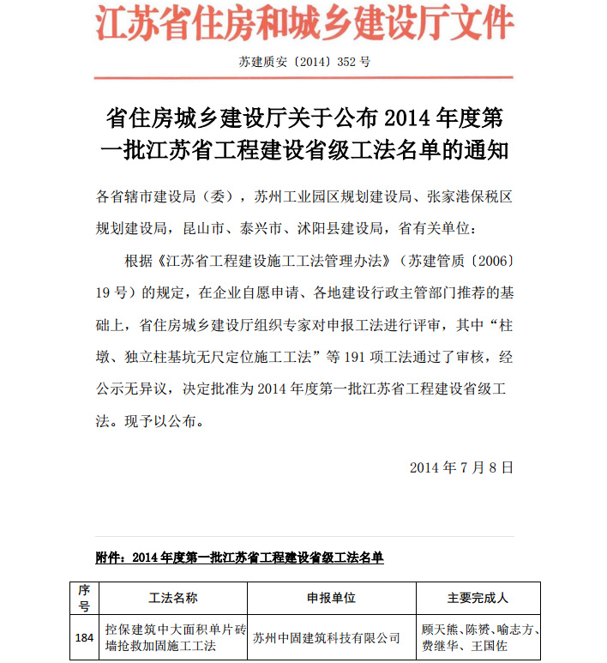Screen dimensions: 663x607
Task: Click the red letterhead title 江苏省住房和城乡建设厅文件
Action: tap(303, 25)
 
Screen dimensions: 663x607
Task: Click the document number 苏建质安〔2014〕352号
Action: tap(304, 62)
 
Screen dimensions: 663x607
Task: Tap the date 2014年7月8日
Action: tap(461, 467)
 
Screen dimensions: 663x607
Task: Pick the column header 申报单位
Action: tap(331, 598)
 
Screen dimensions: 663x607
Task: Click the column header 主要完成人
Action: tap(478, 598)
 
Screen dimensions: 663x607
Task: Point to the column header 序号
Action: tap(84, 598)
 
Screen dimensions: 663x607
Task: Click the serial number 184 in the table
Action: tap(84, 637)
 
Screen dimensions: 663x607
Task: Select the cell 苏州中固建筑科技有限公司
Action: tap(327, 638)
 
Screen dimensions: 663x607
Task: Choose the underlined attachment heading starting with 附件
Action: tap(239, 558)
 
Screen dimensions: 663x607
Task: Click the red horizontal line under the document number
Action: tap(304, 78)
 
